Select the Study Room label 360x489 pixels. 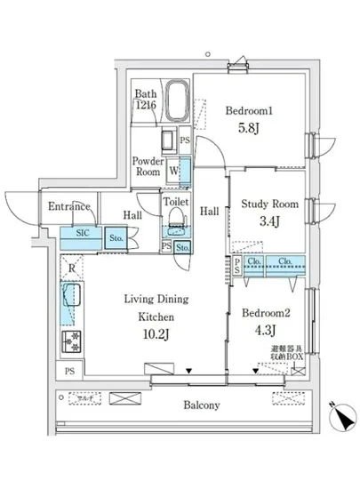click(270, 204)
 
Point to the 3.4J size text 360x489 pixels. click(270, 222)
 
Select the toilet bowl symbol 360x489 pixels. click(175, 216)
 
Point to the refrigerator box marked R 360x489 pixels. click(70, 267)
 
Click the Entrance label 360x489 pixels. click(69, 207)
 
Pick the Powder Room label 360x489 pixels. click(147, 167)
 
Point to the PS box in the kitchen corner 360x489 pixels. click(68, 371)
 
